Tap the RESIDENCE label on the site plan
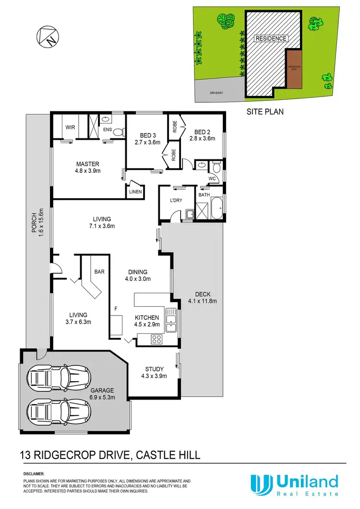(271, 38)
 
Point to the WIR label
(71, 128)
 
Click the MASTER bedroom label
(87, 164)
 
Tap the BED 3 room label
(146, 135)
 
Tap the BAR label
(99, 272)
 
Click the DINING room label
(138, 272)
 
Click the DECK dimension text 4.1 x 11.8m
(203, 302)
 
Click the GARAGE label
(101, 391)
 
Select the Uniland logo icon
(260, 485)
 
